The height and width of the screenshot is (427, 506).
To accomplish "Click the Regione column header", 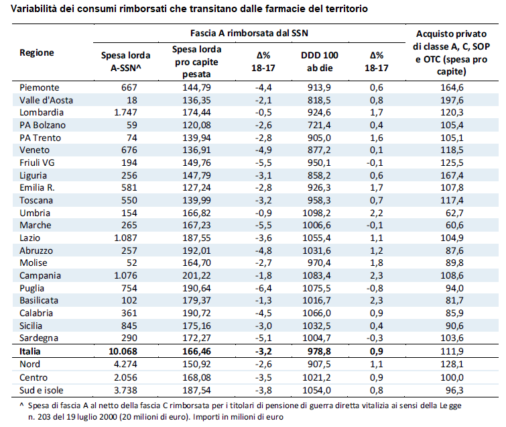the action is click(x=36, y=52).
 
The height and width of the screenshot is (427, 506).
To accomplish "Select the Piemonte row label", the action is click(x=40, y=87).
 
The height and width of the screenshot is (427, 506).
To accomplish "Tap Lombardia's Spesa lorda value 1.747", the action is click(x=125, y=113).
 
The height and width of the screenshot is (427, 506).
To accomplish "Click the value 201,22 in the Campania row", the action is click(x=196, y=275).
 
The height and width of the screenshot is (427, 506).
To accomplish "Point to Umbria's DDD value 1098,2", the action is click(x=316, y=213).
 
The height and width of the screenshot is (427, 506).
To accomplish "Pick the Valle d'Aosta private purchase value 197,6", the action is click(x=452, y=100).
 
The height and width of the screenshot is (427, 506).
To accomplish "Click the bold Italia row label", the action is click(x=29, y=351).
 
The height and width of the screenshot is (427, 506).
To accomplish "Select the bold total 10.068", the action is click(x=123, y=351).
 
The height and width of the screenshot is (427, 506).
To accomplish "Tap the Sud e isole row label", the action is click(x=42, y=390).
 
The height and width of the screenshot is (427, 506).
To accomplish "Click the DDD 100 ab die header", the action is click(x=320, y=61).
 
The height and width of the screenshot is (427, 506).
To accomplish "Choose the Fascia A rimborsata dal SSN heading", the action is click(x=249, y=33).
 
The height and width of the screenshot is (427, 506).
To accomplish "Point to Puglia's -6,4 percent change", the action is click(x=263, y=288).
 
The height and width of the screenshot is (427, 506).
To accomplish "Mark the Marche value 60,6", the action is click(x=454, y=226).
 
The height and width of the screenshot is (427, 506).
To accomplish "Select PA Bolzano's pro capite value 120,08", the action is click(x=196, y=125).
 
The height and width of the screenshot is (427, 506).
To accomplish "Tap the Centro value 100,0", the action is click(x=452, y=377).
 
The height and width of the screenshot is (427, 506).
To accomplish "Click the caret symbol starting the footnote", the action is click(x=21, y=404).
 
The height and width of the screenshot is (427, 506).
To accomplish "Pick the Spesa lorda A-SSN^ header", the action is click(x=125, y=61).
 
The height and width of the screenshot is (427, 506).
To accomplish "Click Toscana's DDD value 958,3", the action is click(x=319, y=201).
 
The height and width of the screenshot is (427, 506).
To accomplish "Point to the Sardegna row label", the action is click(x=39, y=338).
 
